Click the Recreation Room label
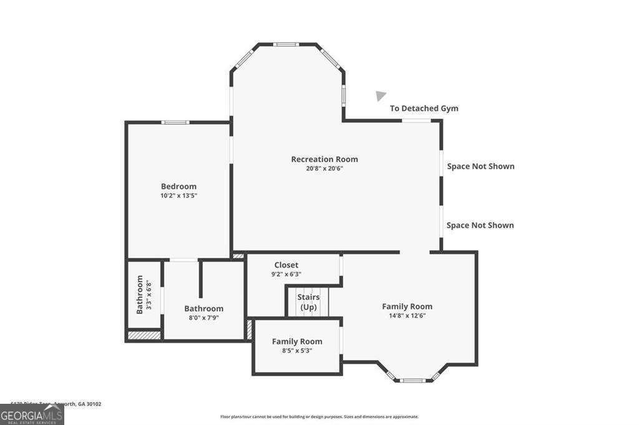point(324,159)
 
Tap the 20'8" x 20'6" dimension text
point(324,169)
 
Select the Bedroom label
point(178,186)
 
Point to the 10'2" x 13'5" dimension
point(178,195)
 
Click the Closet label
point(286,265)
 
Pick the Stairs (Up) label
point(308,302)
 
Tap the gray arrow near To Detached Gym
point(380,95)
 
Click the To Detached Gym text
point(424,108)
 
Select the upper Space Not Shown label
point(480,166)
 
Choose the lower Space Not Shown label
point(480,225)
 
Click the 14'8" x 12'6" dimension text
point(407,316)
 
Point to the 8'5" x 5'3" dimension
point(297,351)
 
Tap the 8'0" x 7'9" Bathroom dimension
point(203,318)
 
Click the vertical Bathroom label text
point(140,295)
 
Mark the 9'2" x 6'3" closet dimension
point(286,274)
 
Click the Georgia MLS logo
point(32,414)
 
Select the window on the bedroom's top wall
point(175,122)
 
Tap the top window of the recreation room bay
point(286,44)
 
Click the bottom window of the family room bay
point(412,380)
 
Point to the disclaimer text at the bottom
point(319,417)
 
